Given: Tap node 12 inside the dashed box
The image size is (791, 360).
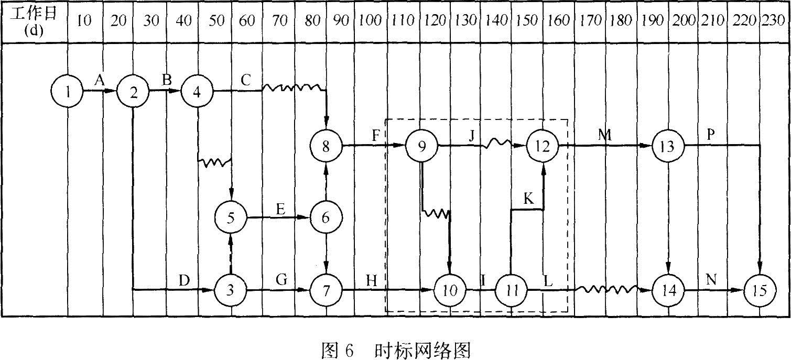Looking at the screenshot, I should [x=543, y=146].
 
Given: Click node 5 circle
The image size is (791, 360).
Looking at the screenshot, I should [x=231, y=217].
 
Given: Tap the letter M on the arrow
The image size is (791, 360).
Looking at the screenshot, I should [x=605, y=135].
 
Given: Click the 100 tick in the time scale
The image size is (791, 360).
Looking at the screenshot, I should [x=371, y=20].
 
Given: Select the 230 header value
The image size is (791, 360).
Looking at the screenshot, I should [x=776, y=20].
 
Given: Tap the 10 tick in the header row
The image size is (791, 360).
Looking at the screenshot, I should [x=84, y=20].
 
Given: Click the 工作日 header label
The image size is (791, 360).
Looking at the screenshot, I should [x=34, y=14].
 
